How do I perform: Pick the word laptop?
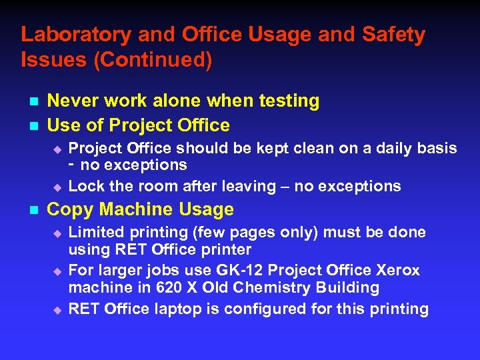point(173,309)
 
